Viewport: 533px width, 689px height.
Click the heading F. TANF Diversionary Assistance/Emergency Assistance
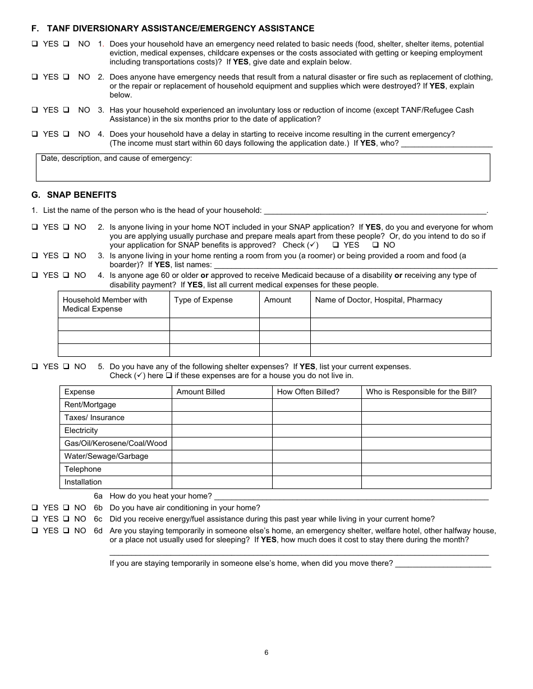point(173,29)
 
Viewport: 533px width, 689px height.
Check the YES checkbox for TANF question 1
point(35,44)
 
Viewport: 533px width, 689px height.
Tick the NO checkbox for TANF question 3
point(66,110)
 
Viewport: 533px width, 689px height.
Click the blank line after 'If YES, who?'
point(447,143)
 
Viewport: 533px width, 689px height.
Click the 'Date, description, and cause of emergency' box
point(263,168)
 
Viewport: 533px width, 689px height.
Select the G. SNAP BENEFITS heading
point(74,195)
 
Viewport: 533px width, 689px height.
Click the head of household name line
point(374,211)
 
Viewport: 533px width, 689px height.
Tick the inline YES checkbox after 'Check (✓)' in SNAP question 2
point(336,245)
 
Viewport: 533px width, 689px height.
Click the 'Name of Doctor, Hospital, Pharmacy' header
point(378,300)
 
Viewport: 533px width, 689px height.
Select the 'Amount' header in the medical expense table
point(277,300)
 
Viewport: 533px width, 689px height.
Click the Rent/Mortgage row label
point(90,405)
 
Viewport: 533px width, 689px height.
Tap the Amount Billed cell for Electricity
point(222,431)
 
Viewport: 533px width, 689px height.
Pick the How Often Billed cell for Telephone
point(316,469)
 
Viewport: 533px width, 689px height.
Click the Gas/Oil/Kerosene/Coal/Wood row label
point(116,444)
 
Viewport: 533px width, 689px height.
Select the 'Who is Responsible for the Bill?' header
point(421,392)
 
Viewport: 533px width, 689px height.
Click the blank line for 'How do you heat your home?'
point(351,496)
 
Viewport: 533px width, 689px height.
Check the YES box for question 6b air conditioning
point(35,508)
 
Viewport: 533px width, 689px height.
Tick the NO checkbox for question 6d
point(66,531)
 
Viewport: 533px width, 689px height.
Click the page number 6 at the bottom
point(266,653)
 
